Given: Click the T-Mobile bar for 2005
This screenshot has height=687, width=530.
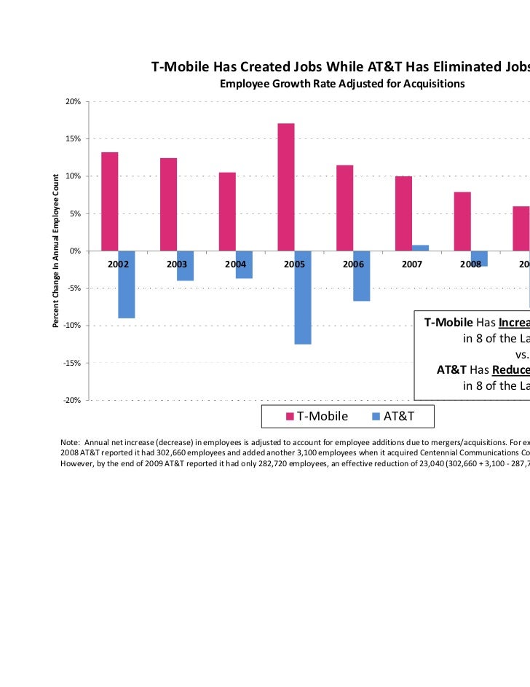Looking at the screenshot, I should coord(286,187).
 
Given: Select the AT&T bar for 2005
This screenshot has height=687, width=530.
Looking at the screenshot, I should coord(303,297).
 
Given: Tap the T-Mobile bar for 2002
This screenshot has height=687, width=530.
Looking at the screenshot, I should coord(110,201).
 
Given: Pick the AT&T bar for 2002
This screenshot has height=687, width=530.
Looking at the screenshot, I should coord(127,284).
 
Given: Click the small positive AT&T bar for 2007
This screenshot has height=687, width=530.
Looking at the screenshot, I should coord(421,248).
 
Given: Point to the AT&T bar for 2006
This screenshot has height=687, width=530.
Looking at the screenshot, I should coord(362,275).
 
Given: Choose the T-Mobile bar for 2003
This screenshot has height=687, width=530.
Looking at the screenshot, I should coord(168,204).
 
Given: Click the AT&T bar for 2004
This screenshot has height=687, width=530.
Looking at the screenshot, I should coord(244,264).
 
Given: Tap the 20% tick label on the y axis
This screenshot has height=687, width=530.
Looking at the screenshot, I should coord(73,101).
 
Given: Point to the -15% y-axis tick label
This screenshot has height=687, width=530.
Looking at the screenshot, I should coord(71,363).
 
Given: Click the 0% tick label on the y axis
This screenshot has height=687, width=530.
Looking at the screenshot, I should coord(75,251).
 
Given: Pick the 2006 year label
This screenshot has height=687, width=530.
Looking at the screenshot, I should coord(353,265).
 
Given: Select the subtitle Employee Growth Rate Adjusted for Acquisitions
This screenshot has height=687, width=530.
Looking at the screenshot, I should coord(342,85).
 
